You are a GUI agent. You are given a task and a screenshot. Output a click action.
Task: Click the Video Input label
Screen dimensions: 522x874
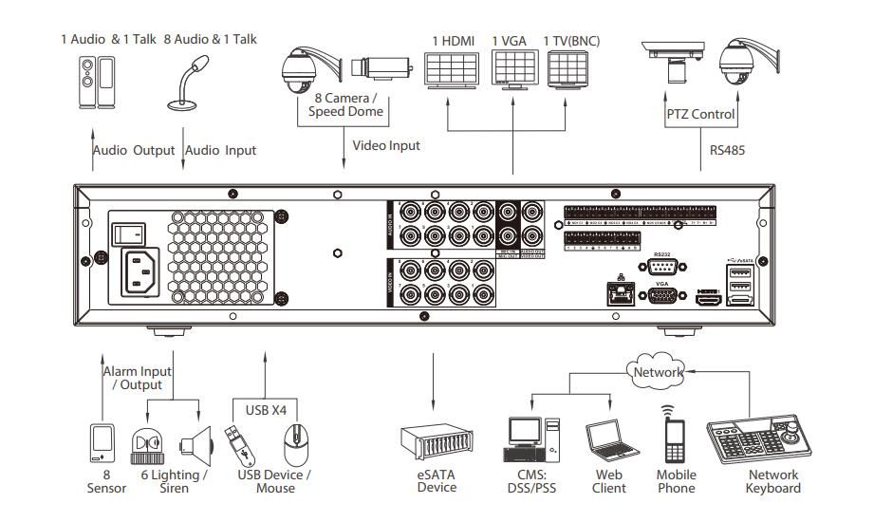point(385,146)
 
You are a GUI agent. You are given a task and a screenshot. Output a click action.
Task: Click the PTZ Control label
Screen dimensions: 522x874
point(700,115)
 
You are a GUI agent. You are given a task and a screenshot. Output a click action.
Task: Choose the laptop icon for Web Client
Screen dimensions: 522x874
point(607,443)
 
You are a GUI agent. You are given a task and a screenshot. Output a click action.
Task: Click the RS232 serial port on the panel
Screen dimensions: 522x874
point(663,265)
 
